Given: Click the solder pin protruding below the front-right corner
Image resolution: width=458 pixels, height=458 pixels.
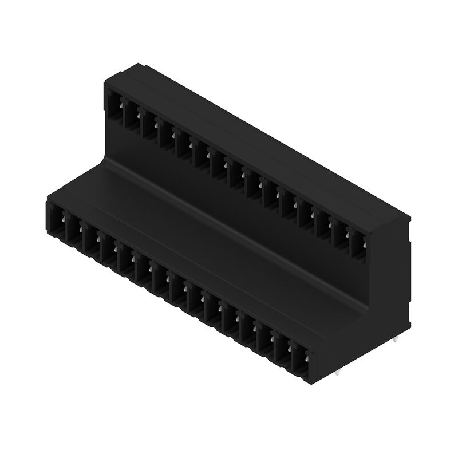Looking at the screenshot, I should [338, 375].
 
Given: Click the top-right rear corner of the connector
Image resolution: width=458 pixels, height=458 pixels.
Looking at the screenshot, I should [411, 218].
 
